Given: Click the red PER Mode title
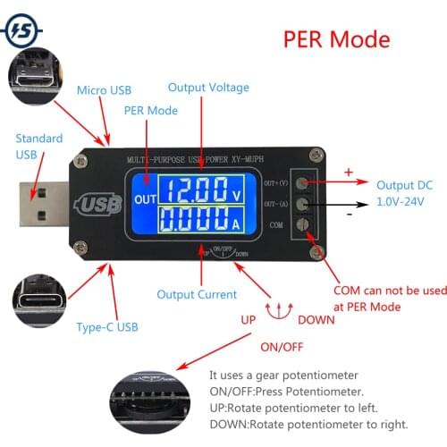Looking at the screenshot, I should (336, 40).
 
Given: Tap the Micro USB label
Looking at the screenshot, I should (104, 90).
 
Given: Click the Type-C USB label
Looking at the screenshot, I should (107, 327).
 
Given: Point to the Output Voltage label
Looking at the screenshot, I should (209, 88).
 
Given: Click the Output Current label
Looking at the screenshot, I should (197, 294).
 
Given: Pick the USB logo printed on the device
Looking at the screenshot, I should (100, 205).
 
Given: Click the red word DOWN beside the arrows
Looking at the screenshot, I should (316, 319).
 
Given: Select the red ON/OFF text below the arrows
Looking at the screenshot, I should (281, 346).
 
